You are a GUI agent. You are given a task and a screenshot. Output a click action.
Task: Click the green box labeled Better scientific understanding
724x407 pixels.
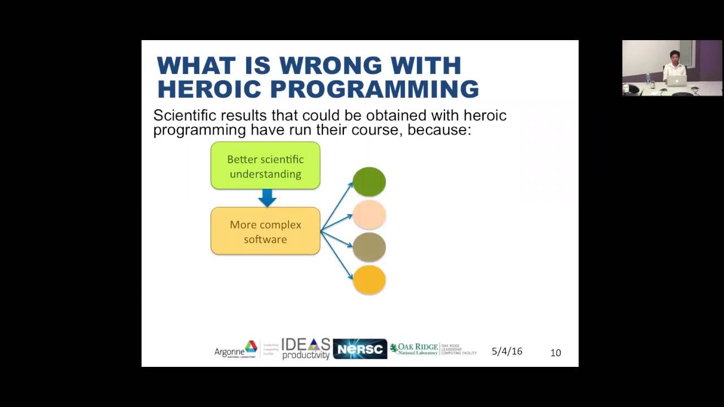pos(265,166)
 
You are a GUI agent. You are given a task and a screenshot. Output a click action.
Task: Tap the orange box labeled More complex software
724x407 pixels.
pos(265,231)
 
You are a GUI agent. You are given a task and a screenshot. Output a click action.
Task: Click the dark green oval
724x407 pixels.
pos(369,182)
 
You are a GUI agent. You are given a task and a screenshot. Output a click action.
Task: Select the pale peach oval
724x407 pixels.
pos(369,215)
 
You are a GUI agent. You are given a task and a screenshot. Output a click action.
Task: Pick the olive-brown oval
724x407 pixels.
pos(369,248)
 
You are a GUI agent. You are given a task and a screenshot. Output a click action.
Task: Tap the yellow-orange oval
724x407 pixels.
pos(369,280)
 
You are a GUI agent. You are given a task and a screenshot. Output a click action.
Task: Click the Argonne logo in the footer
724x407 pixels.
pos(236,350)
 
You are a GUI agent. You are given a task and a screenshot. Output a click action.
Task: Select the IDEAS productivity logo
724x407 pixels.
pos(305,349)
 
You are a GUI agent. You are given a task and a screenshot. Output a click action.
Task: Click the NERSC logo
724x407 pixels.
pos(360,349)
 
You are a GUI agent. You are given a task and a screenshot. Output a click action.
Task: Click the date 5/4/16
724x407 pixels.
pos(507,351)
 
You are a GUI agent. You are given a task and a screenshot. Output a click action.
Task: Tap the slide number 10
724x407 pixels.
pos(555,353)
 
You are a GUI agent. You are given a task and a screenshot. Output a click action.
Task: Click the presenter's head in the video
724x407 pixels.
pos(674,57)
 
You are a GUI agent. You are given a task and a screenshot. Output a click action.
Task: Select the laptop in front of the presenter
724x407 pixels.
pos(676,81)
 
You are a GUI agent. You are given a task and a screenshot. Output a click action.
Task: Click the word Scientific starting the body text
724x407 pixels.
pos(185,115)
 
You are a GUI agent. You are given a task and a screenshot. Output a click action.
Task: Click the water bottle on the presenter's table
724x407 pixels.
pos(648,77)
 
